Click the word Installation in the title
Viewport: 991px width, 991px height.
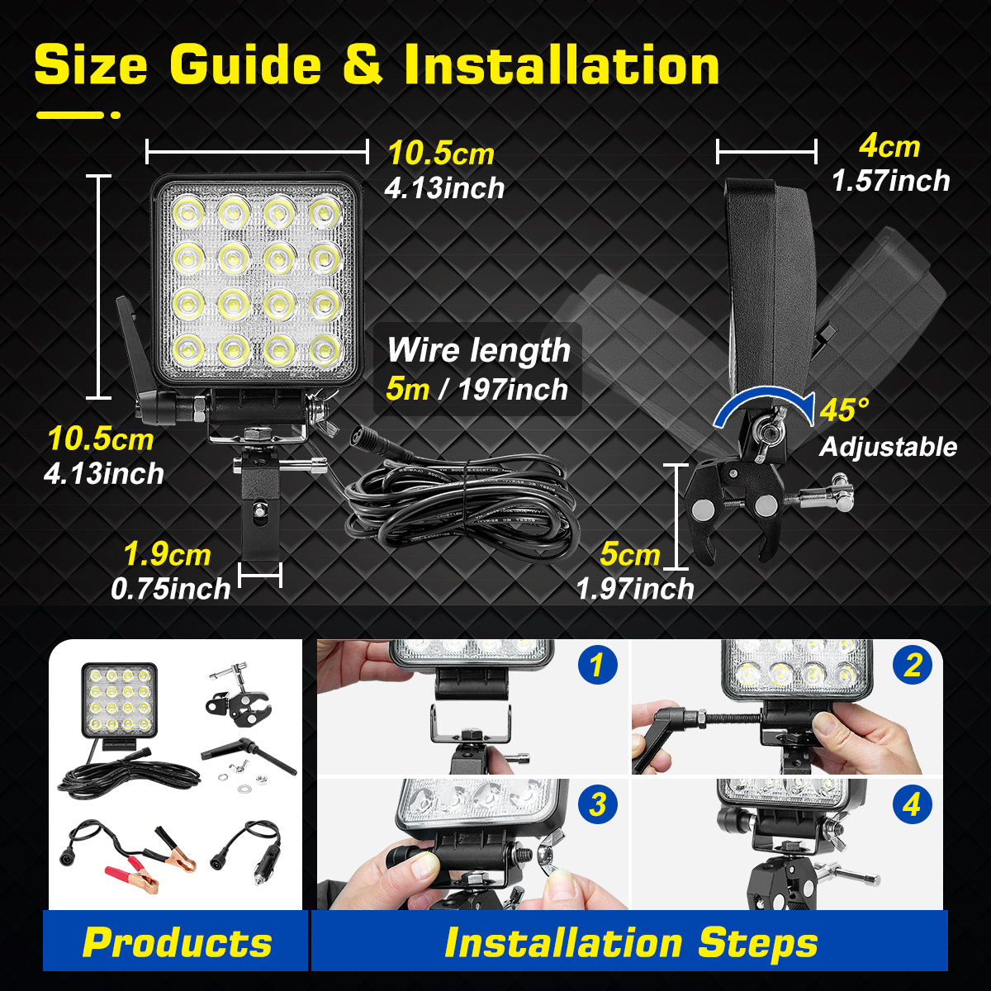tap(562, 66)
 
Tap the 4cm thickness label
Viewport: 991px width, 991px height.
tap(889, 146)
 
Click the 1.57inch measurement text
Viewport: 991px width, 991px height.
tap(890, 181)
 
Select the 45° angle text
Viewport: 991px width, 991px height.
tap(844, 410)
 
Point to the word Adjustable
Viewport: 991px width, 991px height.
tap(888, 447)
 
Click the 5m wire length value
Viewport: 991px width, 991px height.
tap(407, 388)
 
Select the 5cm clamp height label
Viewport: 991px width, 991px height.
tap(629, 554)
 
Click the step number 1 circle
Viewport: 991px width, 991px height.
tap(598, 665)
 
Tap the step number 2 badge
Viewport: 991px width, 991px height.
tap(912, 665)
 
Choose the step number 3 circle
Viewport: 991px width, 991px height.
tap(598, 804)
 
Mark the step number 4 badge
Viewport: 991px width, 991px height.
tap(912, 804)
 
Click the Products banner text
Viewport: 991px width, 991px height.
tap(177, 942)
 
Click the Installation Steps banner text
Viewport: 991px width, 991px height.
tap(631, 942)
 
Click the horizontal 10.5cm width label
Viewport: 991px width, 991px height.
tap(441, 154)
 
